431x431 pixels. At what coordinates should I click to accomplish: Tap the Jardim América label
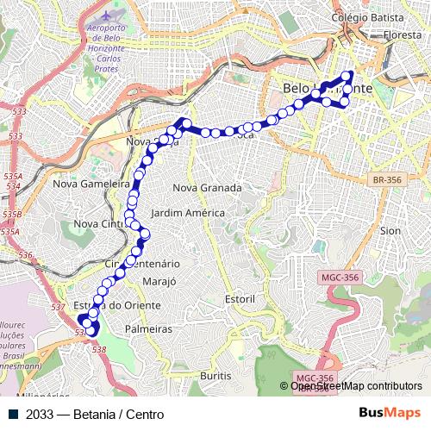pyautogui.click(x=187, y=212)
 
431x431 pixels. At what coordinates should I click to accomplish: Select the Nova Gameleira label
pyautogui.click(x=90, y=183)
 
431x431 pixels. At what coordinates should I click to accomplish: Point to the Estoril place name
pyautogui.click(x=240, y=298)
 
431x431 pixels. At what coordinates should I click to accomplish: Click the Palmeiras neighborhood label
pyautogui.click(x=148, y=329)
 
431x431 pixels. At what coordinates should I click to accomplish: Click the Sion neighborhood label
pyautogui.click(x=390, y=231)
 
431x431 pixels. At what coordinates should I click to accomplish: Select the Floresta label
pyautogui.click(x=403, y=35)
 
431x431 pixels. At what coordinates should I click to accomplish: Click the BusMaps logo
pyautogui.click(x=390, y=414)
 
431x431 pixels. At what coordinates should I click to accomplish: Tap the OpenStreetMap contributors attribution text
pyautogui.click(x=356, y=386)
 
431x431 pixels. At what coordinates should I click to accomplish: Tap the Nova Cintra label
pyautogui.click(x=99, y=223)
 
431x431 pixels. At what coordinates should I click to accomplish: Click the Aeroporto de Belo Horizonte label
pyautogui.click(x=106, y=37)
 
